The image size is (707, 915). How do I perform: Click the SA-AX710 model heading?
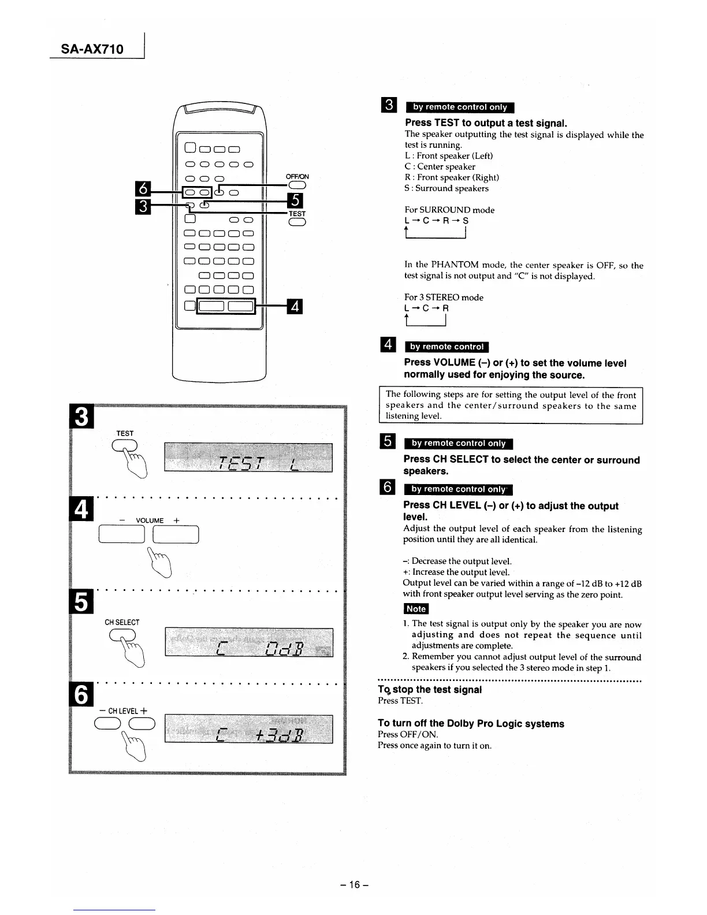93,49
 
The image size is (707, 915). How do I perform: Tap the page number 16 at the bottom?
354,884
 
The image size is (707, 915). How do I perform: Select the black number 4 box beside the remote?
295,306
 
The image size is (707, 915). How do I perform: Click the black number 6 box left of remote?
142,188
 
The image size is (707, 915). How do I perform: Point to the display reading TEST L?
248,457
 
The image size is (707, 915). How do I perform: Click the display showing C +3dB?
248,729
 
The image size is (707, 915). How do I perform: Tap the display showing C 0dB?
248,642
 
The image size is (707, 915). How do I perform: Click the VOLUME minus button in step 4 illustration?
122,535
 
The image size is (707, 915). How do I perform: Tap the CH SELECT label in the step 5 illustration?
121,622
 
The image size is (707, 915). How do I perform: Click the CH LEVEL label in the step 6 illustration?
123,711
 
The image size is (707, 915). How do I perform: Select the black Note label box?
415,609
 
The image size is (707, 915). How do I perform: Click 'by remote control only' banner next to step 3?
460,107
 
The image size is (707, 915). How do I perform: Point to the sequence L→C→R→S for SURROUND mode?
437,221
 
